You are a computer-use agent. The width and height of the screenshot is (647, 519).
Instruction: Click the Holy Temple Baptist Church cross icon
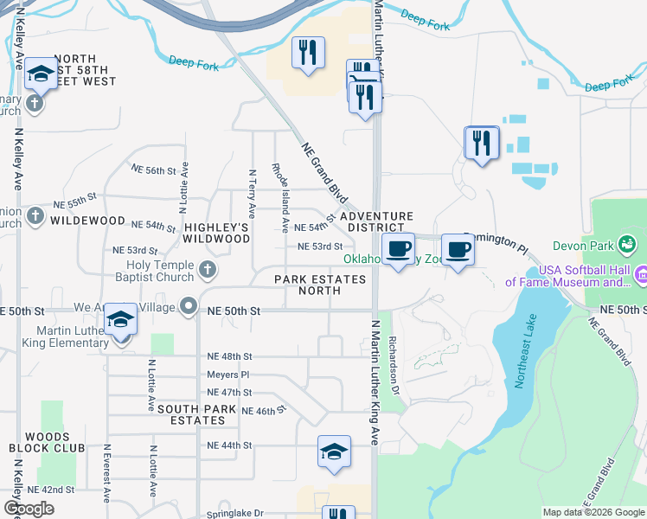tap(207, 271)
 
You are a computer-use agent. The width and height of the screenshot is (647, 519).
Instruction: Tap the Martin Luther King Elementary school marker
tap(121, 323)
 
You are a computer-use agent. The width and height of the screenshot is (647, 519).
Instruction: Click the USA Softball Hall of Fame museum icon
tap(641, 275)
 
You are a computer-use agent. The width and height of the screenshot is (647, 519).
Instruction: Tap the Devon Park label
tap(618, 246)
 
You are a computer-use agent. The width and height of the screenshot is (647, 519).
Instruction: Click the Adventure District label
tap(376, 221)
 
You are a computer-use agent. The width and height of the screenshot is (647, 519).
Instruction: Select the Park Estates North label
tap(320, 285)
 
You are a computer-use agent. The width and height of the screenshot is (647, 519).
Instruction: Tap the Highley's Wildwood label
tap(216, 232)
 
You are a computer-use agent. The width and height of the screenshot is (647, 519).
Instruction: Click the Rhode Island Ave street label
tap(280, 197)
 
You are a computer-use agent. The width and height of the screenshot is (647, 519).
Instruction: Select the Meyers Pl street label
tap(227, 375)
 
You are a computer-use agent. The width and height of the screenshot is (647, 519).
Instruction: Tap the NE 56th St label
tap(152, 170)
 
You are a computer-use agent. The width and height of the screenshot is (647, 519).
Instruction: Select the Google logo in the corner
tap(29, 508)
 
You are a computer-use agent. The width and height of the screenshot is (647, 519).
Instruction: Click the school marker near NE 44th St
tap(334, 452)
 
